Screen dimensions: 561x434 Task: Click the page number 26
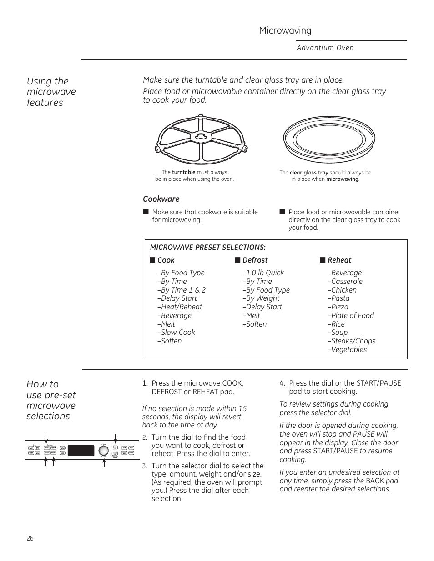tap(30, 538)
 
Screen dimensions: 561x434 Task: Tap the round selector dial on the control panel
tap(104, 450)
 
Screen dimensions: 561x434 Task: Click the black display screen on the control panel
tap(81, 450)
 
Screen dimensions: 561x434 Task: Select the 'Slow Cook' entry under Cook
tap(177, 332)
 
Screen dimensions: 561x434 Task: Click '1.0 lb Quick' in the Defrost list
tap(264, 273)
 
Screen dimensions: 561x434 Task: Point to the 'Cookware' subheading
tap(161, 199)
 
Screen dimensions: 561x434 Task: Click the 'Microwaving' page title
tap(285, 30)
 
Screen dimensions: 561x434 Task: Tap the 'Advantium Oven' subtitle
tap(325, 48)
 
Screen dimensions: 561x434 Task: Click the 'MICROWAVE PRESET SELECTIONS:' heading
tap(208, 247)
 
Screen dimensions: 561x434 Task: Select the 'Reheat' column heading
tap(339, 260)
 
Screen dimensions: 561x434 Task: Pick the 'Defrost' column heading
tap(255, 260)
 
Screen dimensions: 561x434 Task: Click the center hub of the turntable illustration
tap(201, 136)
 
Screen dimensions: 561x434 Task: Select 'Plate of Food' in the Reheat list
tap(352, 315)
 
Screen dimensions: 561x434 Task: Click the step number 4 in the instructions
tap(282, 383)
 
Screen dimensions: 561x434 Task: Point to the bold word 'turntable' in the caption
tap(183, 172)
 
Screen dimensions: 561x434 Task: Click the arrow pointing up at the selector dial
tap(104, 463)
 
